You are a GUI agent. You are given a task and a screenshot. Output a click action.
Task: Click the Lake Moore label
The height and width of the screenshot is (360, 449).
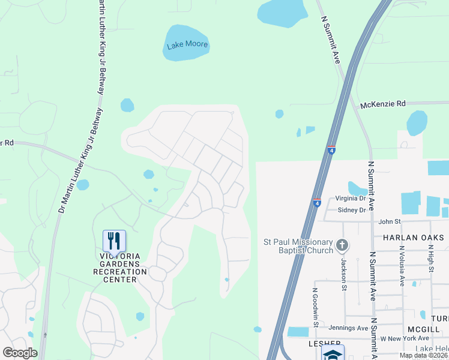point(187,44)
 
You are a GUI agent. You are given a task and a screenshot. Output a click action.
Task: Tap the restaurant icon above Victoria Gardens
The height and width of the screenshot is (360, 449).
point(114,241)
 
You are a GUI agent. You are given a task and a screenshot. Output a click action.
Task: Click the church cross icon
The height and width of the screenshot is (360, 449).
point(342,244)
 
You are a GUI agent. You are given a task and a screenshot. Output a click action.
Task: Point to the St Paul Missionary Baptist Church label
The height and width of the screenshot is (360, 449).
point(298,246)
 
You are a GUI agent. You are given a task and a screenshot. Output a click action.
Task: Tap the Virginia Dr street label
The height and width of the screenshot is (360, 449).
point(351,199)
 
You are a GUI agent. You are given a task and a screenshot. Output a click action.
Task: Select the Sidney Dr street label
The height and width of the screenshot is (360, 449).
point(352,210)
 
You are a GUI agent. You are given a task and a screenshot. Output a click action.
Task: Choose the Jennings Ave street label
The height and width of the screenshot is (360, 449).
point(348,328)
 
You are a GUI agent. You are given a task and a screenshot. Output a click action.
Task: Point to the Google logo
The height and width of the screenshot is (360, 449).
point(20,352)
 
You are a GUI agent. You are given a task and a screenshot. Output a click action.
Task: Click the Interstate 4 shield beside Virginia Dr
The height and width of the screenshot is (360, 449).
point(317,203)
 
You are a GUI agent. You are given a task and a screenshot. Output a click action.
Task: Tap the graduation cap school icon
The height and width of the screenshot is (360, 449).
point(333,353)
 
